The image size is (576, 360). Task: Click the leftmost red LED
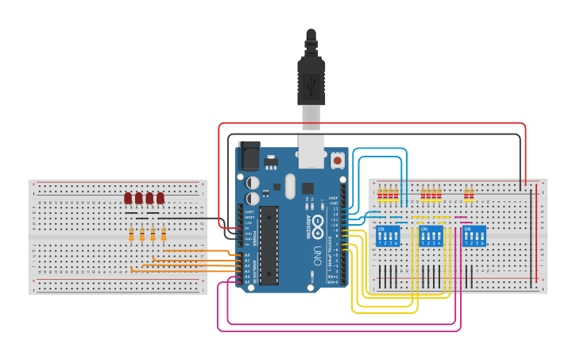tap(128, 198)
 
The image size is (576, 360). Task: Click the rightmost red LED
tap(160, 198)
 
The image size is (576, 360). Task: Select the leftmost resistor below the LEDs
tap(131, 234)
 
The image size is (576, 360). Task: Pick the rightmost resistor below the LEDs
tap(164, 234)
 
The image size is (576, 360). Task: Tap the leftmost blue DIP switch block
tap(387, 236)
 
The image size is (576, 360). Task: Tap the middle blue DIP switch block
tap(431, 236)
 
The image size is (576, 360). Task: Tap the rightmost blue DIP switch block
tap(474, 236)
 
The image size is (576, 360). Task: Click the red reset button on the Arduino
tap(337, 161)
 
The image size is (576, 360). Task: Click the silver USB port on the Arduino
tap(311, 152)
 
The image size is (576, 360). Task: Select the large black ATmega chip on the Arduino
tap(269, 245)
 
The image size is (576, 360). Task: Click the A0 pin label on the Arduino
tap(247, 254)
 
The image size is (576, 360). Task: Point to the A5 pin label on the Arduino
tap(247, 282)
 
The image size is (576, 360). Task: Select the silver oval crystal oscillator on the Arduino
tap(290, 187)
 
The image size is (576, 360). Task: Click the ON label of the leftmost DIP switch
tap(381, 229)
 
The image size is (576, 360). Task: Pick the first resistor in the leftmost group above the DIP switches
tap(381, 194)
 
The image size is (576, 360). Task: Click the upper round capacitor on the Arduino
tap(253, 180)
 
